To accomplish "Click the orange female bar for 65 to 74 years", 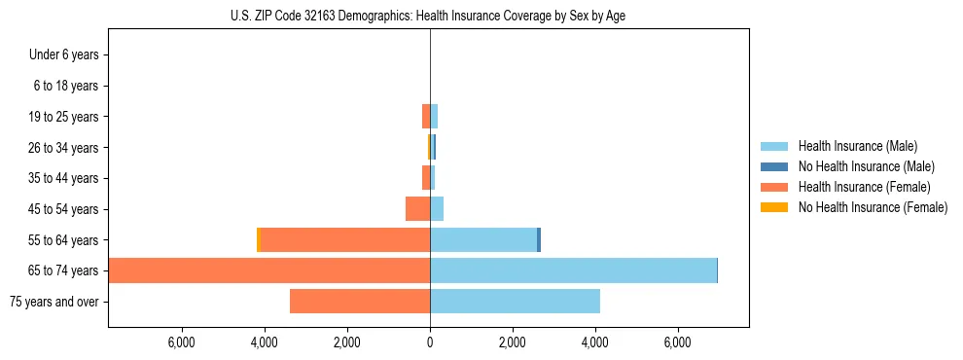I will pos(269,270).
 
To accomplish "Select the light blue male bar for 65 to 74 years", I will pos(573,270).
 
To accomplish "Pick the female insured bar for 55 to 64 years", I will pos(345,240).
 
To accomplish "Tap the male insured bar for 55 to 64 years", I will pos(483,240).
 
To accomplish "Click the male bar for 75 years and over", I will pos(515,302).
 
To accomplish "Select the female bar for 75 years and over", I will pos(360,302).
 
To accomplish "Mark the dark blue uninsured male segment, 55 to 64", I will pos(539,240).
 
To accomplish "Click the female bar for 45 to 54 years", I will pos(417,209).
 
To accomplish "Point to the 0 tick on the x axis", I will pos(430,342).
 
